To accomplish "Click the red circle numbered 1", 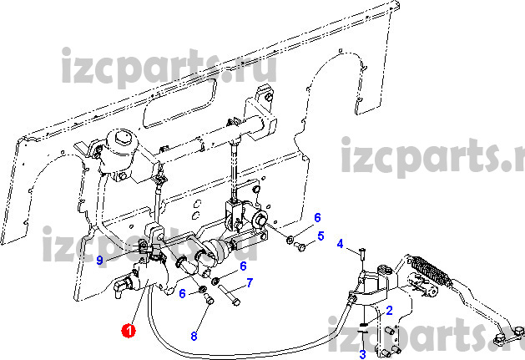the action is point(129,330).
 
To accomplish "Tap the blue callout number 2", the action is point(389,311).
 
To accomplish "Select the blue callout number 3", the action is point(362,354).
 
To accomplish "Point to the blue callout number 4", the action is point(340,244).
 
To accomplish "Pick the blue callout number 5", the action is point(321,236).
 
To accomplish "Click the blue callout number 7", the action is point(250,283).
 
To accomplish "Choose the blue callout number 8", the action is point(194,336).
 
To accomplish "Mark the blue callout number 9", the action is point(99,260).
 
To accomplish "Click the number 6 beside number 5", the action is point(317,217).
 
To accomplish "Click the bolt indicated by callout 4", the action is point(362,254).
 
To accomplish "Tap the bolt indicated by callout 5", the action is point(300,247).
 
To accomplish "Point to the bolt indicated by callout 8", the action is point(209,298).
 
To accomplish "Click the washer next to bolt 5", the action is point(290,240).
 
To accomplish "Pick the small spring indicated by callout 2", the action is point(363,324).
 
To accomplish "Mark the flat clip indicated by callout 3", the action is point(362,332).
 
